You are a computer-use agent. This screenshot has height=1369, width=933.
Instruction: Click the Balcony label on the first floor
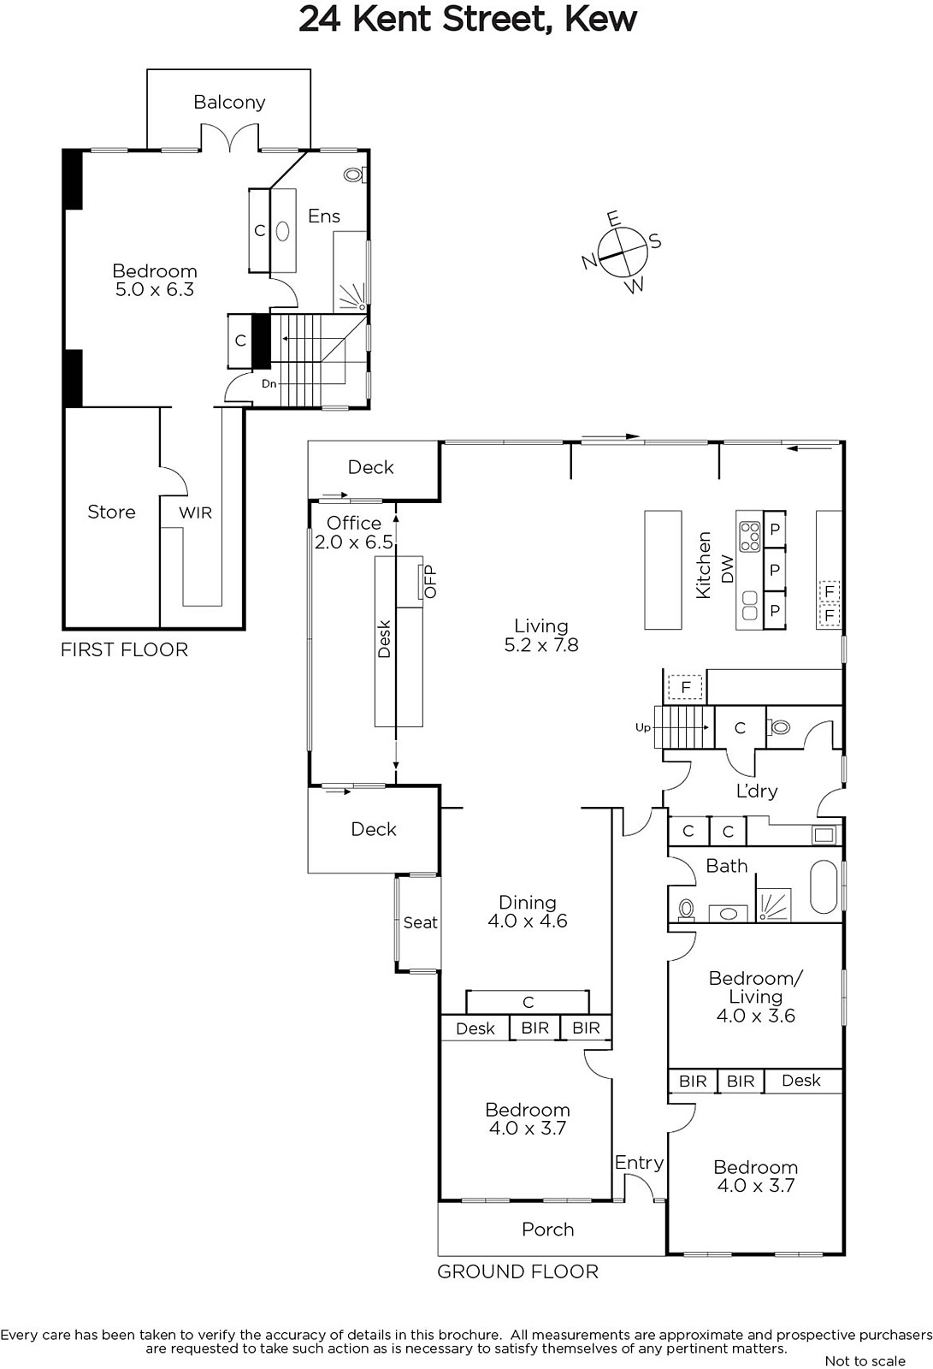tap(229, 102)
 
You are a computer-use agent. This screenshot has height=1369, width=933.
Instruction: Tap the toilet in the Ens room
tap(354, 175)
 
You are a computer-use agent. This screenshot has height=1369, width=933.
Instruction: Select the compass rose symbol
tap(623, 252)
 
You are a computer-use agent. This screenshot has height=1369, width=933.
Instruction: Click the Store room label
tap(111, 512)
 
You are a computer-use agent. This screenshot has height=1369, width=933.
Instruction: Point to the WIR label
tap(196, 513)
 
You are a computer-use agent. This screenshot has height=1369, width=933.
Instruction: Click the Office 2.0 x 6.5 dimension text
tap(354, 542)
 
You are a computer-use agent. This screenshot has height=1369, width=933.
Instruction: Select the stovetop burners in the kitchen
tap(750, 536)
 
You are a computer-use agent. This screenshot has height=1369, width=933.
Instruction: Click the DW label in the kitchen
tap(727, 568)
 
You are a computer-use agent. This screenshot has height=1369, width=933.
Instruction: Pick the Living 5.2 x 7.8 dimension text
tap(541, 645)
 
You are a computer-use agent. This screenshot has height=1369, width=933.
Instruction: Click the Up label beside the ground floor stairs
tap(643, 727)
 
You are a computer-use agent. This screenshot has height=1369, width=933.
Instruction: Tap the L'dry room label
tap(757, 791)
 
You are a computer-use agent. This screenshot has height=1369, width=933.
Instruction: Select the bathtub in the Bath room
tap(825, 887)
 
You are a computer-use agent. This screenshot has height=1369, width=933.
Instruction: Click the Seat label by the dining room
tap(421, 922)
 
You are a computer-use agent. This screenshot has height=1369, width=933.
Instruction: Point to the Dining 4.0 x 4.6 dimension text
tap(528, 921)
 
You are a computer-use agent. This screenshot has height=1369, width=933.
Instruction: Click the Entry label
tap(639, 1163)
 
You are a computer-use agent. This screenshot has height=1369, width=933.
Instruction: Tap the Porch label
tap(548, 1229)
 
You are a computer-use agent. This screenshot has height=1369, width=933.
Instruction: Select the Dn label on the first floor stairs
tap(269, 384)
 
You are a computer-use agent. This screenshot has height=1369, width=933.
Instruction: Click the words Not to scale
tap(865, 1360)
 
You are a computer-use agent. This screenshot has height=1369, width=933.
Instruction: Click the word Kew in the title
tap(601, 19)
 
